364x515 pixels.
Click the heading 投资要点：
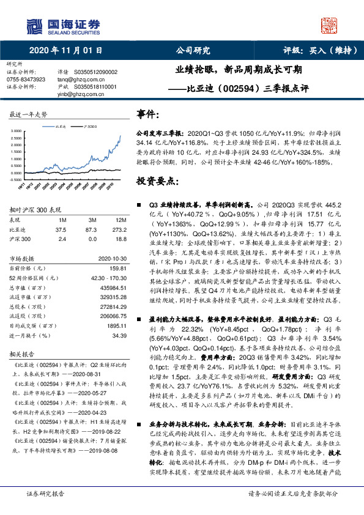click(157, 182)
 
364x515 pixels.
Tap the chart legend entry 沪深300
click(89, 126)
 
